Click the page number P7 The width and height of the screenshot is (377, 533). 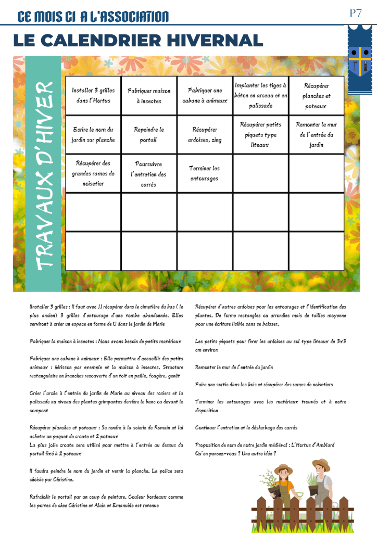(x=356, y=14)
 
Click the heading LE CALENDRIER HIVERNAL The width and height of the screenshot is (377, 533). (x=138, y=41)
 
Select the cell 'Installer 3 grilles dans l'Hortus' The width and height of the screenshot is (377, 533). (x=93, y=96)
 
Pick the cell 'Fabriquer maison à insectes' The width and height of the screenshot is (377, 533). (x=149, y=96)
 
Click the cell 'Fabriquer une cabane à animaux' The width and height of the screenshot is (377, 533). (x=205, y=96)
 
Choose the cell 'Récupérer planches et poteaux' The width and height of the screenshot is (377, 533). (x=316, y=96)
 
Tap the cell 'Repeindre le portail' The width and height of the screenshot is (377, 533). (x=149, y=135)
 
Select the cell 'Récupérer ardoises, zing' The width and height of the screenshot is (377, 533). (x=205, y=135)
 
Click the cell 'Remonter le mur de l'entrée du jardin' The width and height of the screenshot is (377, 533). (x=316, y=135)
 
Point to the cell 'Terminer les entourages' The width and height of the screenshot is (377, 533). (x=205, y=173)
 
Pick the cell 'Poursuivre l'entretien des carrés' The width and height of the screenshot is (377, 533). (x=149, y=173)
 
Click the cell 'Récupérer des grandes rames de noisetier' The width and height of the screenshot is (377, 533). (x=93, y=173)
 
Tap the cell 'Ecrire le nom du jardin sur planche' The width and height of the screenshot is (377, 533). (x=93, y=135)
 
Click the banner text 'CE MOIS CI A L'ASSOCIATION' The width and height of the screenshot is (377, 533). (x=93, y=17)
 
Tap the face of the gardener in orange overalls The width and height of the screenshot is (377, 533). (x=284, y=475)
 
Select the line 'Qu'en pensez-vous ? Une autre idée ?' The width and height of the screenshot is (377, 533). (x=235, y=453)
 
